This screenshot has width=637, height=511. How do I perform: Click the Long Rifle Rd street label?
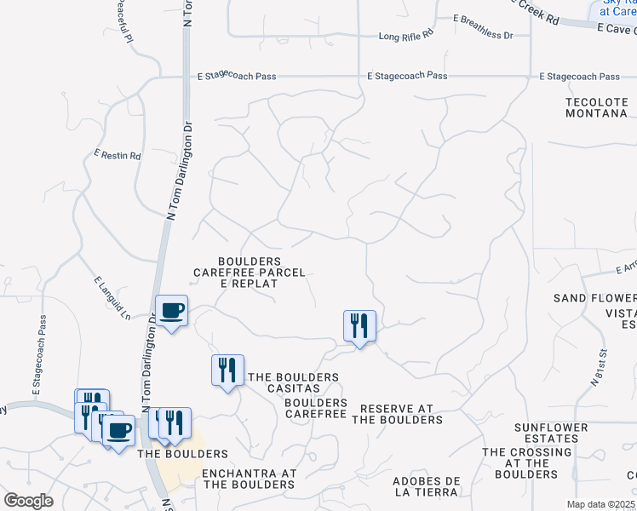406,37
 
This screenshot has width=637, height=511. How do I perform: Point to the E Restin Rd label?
118,156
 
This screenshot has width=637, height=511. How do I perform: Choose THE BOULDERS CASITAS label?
293,382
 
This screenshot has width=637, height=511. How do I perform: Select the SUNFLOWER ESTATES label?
551,433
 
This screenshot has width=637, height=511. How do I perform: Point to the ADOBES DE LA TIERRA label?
426,486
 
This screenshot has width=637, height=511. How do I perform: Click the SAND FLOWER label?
594,298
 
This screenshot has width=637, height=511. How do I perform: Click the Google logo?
28,500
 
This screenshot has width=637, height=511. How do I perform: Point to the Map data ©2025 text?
600,504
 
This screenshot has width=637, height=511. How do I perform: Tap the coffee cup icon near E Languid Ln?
172,311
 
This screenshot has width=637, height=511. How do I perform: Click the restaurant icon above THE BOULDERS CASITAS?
227,370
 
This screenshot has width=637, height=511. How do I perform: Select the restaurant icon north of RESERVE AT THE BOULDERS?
359,325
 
